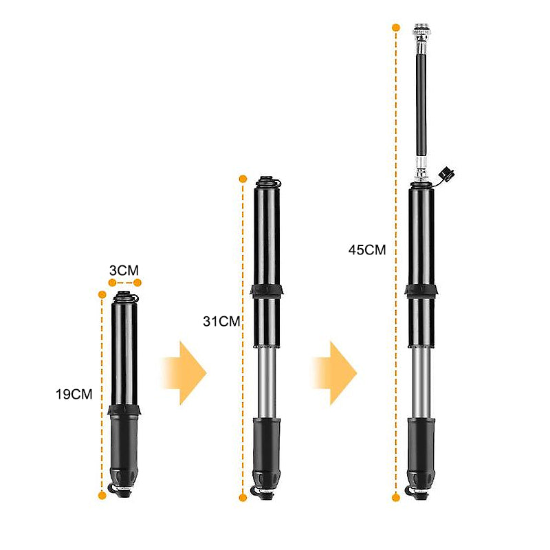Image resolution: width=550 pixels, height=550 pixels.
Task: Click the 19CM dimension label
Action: click(x=74, y=394)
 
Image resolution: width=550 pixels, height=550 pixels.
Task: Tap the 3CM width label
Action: click(x=124, y=269)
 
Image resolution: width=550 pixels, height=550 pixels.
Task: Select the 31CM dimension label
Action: click(x=221, y=321)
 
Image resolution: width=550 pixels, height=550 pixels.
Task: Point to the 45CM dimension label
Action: click(x=367, y=250)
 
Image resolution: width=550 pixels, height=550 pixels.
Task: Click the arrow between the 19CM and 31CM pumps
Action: click(x=184, y=372)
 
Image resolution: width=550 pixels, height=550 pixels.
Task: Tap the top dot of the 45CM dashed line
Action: click(x=396, y=27)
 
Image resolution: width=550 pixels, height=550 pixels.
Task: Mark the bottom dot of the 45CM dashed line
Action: click(x=396, y=497)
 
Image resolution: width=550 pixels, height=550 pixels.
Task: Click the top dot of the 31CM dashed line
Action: click(x=243, y=179)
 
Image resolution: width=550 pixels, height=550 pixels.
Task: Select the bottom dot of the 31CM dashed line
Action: click(x=243, y=497)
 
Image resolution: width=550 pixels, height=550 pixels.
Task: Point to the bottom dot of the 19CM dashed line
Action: click(x=102, y=494)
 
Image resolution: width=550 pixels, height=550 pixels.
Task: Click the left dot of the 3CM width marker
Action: click(x=112, y=283)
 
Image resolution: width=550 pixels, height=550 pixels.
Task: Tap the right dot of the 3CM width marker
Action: click(x=137, y=283)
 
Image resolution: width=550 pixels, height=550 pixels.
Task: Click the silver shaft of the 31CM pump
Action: click(x=266, y=382)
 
